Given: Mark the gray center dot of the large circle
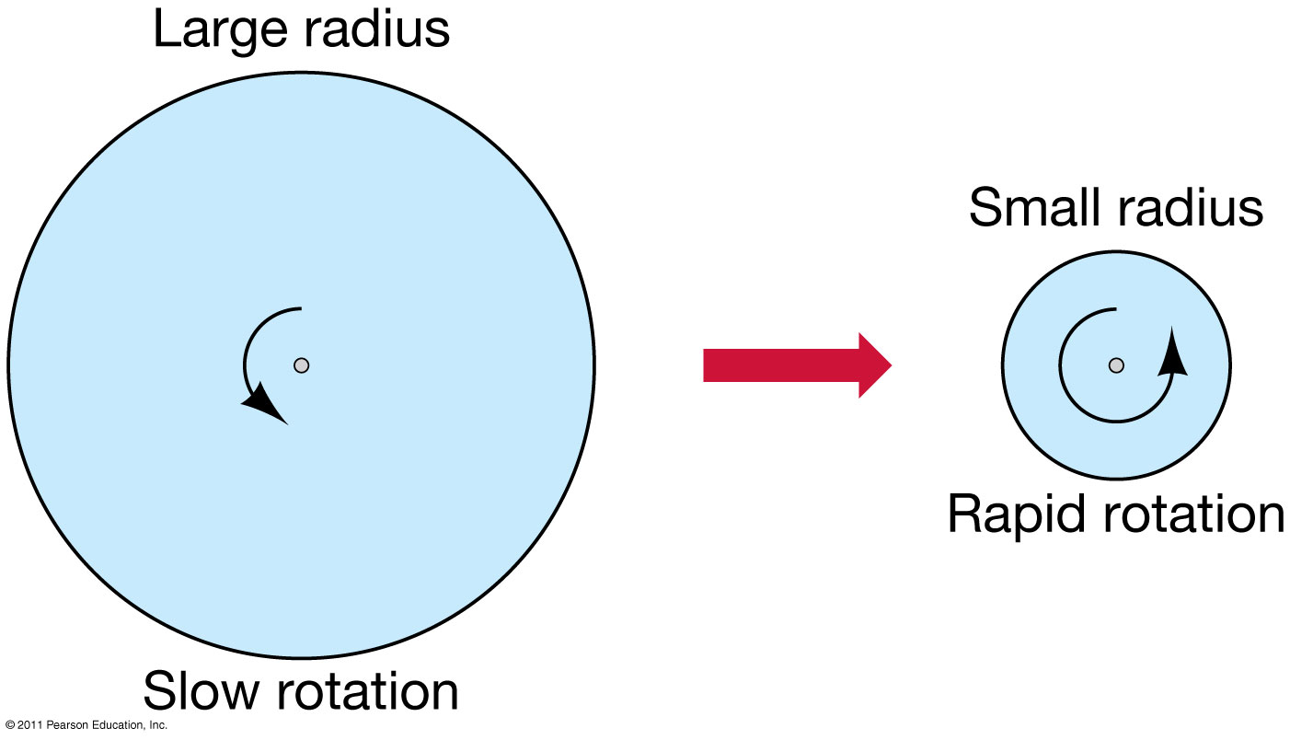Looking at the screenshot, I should (x=301, y=365).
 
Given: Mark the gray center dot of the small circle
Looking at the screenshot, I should (x=1116, y=365).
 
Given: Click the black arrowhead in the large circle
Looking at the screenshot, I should (x=266, y=406).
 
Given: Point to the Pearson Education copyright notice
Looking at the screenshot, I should (x=86, y=725).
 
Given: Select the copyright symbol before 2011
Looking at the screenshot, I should (x=9, y=725).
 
